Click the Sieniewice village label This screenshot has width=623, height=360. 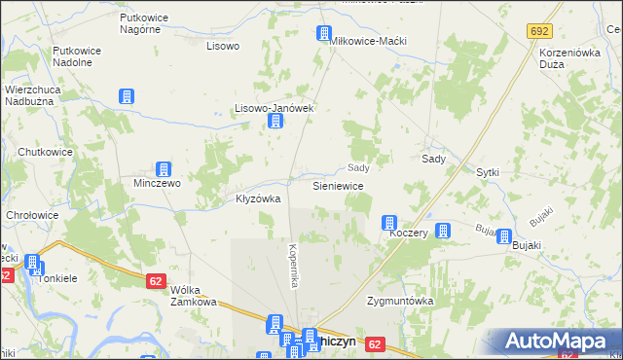pyautogui.click(x=338, y=185)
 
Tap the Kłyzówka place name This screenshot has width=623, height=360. pyautogui.click(x=258, y=198)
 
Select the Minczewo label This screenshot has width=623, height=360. pyautogui.click(x=158, y=182)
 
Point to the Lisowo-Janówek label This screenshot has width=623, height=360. pyautogui.click(x=275, y=108)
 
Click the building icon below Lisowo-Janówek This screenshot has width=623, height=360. pyautogui.click(x=275, y=121)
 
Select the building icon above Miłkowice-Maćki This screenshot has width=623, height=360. pyautogui.click(x=324, y=34)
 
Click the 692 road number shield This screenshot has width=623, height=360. pyautogui.click(x=542, y=31)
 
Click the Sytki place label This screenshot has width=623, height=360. pyautogui.click(x=488, y=172)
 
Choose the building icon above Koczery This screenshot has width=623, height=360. pyautogui.click(x=390, y=223)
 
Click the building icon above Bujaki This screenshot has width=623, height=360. pyautogui.click(x=503, y=235)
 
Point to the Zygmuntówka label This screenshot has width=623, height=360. pyautogui.click(x=399, y=301)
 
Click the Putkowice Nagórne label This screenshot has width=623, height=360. pyautogui.click(x=153, y=23)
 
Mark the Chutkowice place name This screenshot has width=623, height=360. pyautogui.click(x=45, y=153)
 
